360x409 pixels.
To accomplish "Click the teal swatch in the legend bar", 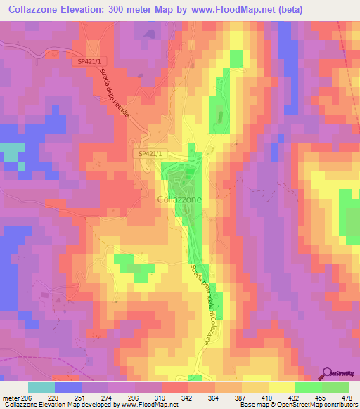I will point(41,387).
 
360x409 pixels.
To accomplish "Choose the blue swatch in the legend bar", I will point(68,387).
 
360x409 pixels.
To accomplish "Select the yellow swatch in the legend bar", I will point(281,387).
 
